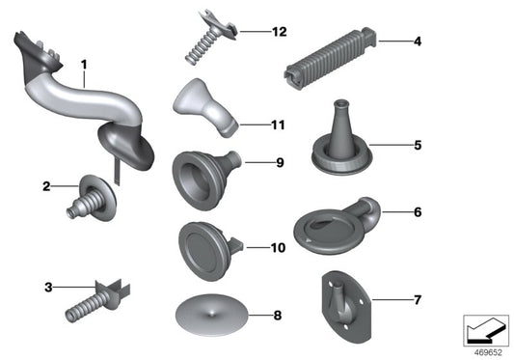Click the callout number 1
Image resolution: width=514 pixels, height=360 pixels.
(83, 66)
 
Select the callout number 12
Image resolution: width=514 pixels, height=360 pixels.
(279, 32)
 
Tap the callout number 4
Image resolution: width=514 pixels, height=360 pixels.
(418, 42)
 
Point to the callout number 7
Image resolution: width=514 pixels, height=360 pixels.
(417, 300)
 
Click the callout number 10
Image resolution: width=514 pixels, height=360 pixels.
(278, 248)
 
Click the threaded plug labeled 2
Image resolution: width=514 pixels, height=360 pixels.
(95, 198)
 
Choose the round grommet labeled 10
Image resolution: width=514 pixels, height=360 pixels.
(204, 247)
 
